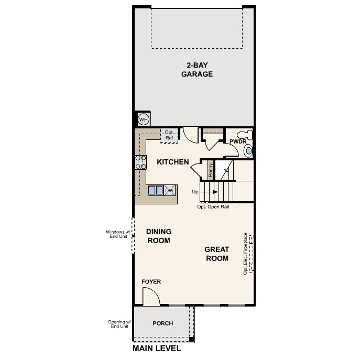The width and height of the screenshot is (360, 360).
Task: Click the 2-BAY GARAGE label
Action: coord(197,70)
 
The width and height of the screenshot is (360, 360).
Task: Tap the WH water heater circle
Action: coord(143,120)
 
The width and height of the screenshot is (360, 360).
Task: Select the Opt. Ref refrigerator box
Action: coord(169,135)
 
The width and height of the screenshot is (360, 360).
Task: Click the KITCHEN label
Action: coord(173,162)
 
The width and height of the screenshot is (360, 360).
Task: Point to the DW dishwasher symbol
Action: coord(169,190)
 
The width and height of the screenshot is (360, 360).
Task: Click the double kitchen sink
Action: coord(155,190)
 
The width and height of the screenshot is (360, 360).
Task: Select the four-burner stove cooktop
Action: coord(141,162)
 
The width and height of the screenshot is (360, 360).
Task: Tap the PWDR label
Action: coord(238,142)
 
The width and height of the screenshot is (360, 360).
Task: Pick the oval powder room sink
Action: coord(248,151)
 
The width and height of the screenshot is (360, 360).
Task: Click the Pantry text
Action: coord(211,171)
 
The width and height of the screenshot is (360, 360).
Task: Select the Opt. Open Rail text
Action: coord(213,207)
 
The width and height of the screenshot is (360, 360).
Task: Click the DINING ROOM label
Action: coord(159,236)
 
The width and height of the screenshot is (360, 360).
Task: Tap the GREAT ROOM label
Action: coord(216,254)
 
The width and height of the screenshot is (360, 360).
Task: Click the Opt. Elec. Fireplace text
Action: coord(245,254)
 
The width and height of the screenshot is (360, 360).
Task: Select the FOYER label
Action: coord(151,282)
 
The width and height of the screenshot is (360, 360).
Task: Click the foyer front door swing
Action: coord(151,298)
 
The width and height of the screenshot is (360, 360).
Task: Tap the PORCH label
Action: coord(162,323)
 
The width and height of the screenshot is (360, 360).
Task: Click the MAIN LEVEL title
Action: coord(157,348)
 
